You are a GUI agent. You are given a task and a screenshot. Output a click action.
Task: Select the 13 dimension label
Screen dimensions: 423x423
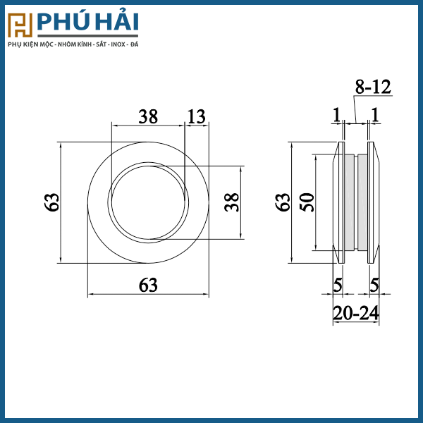coord(197,117)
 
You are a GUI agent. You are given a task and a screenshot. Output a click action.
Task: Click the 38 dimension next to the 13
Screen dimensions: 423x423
coord(148,117)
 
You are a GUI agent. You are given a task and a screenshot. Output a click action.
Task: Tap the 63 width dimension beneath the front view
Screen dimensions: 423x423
coord(148,285)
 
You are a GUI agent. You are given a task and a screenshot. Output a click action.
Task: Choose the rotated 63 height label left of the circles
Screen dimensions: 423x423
coord(51,202)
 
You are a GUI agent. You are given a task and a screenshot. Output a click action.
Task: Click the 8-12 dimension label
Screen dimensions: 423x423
coord(372,87)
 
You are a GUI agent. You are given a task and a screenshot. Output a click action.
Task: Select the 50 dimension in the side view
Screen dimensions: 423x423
coord(307,202)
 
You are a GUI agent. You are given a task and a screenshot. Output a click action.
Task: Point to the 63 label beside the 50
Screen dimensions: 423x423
coord(283,202)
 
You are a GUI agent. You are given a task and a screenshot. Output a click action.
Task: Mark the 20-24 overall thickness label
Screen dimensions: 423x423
coord(356,312)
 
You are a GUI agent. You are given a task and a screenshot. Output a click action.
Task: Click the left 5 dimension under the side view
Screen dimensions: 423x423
coord(338,285)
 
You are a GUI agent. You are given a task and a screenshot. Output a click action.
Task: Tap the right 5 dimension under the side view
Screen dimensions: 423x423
coord(374,285)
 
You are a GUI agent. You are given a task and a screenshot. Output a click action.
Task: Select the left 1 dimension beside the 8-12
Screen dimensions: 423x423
coord(336,114)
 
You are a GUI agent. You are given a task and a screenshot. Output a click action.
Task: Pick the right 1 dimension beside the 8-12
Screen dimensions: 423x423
coord(374,114)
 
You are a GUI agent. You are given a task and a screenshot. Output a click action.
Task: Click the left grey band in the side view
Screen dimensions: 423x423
coord(349,202)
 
